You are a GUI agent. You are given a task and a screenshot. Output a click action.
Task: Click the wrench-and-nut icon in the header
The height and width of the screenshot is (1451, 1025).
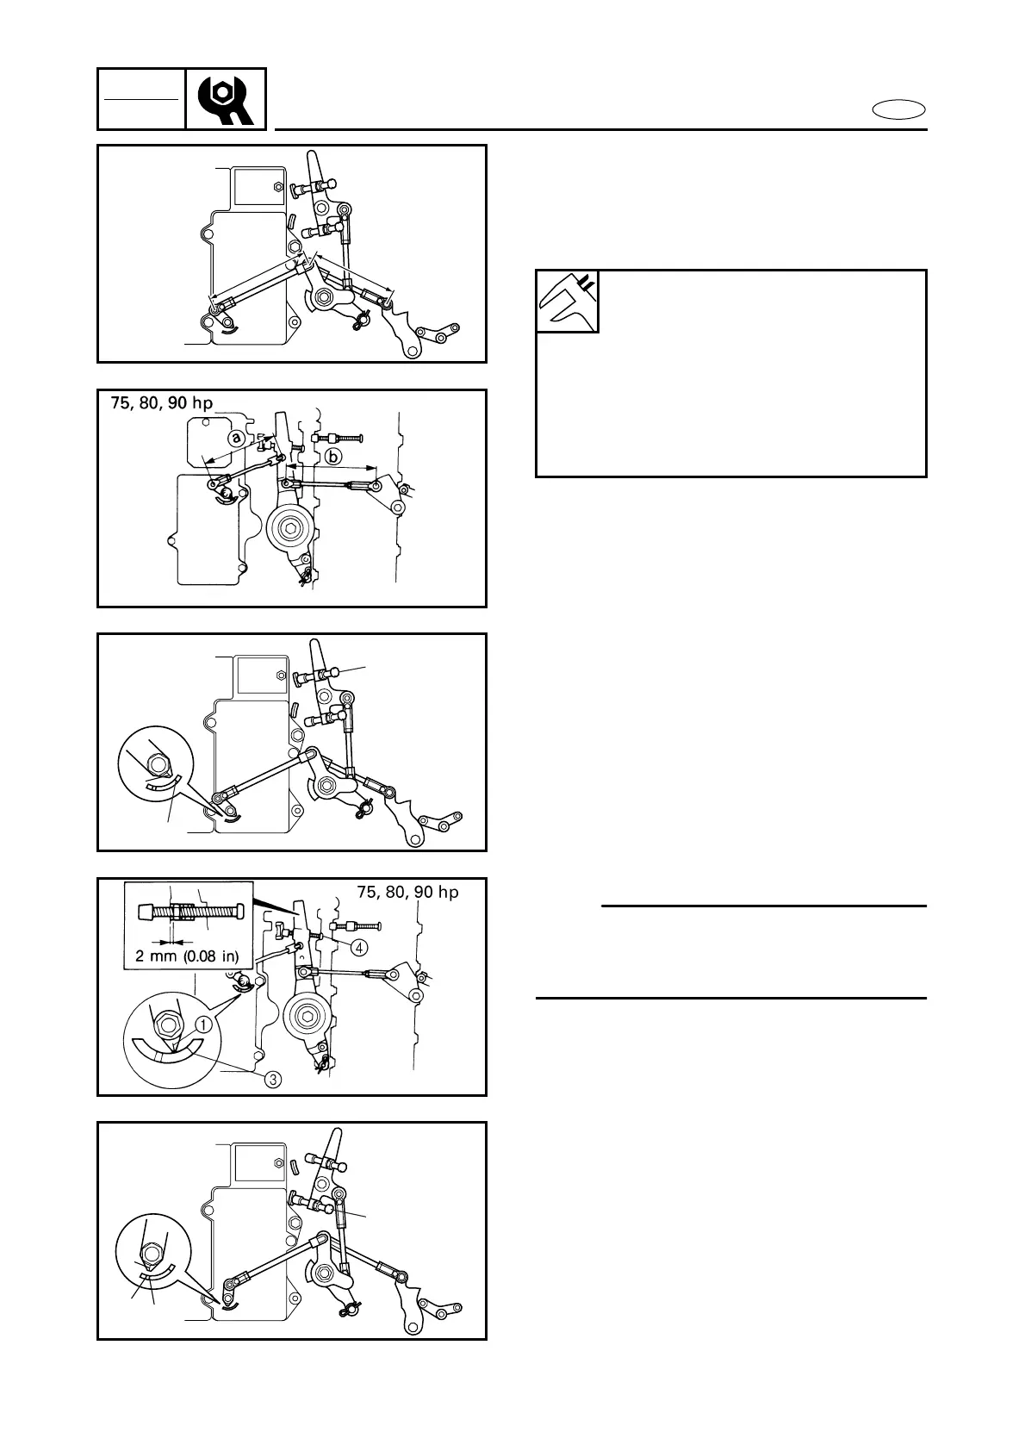pos(226,99)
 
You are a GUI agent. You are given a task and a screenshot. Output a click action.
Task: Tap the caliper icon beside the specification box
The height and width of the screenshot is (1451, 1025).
pos(568,302)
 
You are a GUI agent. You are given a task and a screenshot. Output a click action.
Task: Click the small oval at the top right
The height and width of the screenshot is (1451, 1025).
pos(898,109)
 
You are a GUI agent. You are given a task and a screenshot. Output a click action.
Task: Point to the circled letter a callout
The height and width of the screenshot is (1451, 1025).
pos(235,439)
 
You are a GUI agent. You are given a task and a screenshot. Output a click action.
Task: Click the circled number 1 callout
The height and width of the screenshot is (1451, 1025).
pos(203,1025)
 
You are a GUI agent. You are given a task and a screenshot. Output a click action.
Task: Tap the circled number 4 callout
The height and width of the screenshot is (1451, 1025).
pos(359,946)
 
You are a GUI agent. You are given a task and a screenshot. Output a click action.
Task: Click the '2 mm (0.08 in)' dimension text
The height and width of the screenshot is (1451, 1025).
pos(188,955)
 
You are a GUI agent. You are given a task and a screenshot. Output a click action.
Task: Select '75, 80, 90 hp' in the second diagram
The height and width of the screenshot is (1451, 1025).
pos(161,403)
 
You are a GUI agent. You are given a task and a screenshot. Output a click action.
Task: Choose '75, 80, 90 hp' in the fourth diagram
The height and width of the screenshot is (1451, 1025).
pos(407,892)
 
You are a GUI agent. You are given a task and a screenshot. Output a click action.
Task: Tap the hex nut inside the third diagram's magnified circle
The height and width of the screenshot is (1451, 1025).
pos(158,763)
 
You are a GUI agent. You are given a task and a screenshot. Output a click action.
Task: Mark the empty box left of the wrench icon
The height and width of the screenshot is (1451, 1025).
pos(141,99)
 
